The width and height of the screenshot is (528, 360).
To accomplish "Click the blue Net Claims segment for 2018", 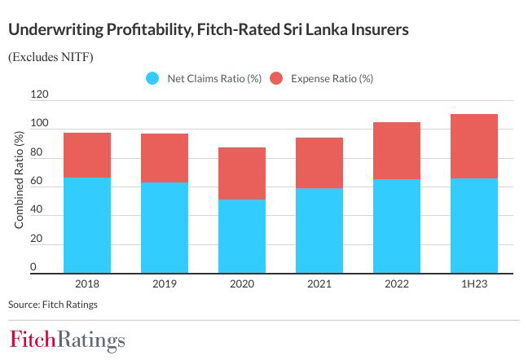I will pyautogui.click(x=87, y=225).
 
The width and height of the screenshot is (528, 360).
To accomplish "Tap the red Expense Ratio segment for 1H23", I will pyautogui.click(x=473, y=146).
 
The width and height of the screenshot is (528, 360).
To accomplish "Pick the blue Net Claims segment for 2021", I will pyautogui.click(x=319, y=230).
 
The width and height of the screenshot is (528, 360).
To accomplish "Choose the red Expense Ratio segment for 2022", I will pyautogui.click(x=396, y=151).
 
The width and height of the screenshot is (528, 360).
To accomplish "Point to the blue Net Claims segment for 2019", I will pyautogui.click(x=164, y=227).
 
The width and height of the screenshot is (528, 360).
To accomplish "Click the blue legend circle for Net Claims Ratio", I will pyautogui.click(x=152, y=79).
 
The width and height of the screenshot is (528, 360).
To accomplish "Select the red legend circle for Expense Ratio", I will pyautogui.click(x=275, y=79).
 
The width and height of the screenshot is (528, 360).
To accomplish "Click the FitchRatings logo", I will pyautogui.click(x=68, y=340).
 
